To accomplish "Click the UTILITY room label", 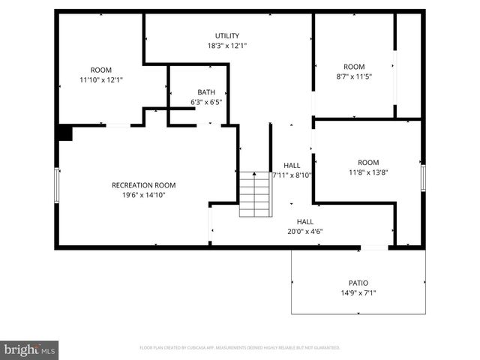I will click(227, 35).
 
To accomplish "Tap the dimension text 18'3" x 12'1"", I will click(227, 46).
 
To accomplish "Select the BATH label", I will click(206, 91).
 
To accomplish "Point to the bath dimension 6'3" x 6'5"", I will click(206, 102).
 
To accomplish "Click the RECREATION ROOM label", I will click(143, 185).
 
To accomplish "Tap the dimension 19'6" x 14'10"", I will click(143, 195).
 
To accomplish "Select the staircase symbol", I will click(255, 194).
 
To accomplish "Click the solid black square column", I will click(64, 133).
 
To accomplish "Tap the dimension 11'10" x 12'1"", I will click(101, 79).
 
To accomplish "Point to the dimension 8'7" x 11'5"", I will click(354, 76).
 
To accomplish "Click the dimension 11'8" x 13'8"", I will click(367, 172).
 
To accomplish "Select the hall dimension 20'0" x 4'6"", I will click(304, 232).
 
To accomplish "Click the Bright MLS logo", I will click(30, 349).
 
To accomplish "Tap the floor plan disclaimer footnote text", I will click(240, 348).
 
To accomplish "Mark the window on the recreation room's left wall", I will click(57, 184).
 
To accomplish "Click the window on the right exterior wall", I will click(423, 178).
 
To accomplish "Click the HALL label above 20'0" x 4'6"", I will click(304, 221).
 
